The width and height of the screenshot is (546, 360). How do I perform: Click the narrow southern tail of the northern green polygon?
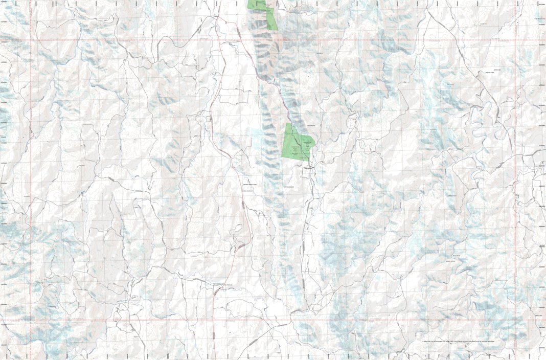click(272, 21)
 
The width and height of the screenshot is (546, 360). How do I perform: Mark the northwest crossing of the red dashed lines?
click(31, 40)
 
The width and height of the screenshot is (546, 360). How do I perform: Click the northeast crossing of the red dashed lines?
click(515, 40)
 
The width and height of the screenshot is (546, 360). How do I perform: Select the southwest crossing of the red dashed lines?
click(31, 320)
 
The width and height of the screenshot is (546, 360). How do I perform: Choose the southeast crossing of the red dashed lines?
click(515, 320)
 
